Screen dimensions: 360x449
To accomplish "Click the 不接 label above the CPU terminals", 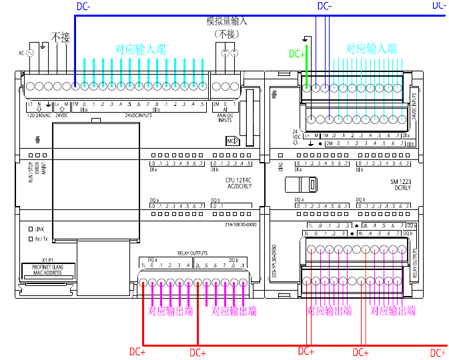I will point(61,37).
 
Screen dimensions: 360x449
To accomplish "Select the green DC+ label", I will point(297,54).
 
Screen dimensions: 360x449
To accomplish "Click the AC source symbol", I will point(29,52).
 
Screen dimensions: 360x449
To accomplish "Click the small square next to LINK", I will point(30,229).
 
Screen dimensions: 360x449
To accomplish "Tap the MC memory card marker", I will point(232,141).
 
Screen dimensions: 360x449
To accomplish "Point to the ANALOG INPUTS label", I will point(225,117).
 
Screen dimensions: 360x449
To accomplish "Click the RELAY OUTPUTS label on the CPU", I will point(192,253).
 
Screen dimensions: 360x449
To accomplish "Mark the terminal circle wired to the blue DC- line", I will point(75,86).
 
